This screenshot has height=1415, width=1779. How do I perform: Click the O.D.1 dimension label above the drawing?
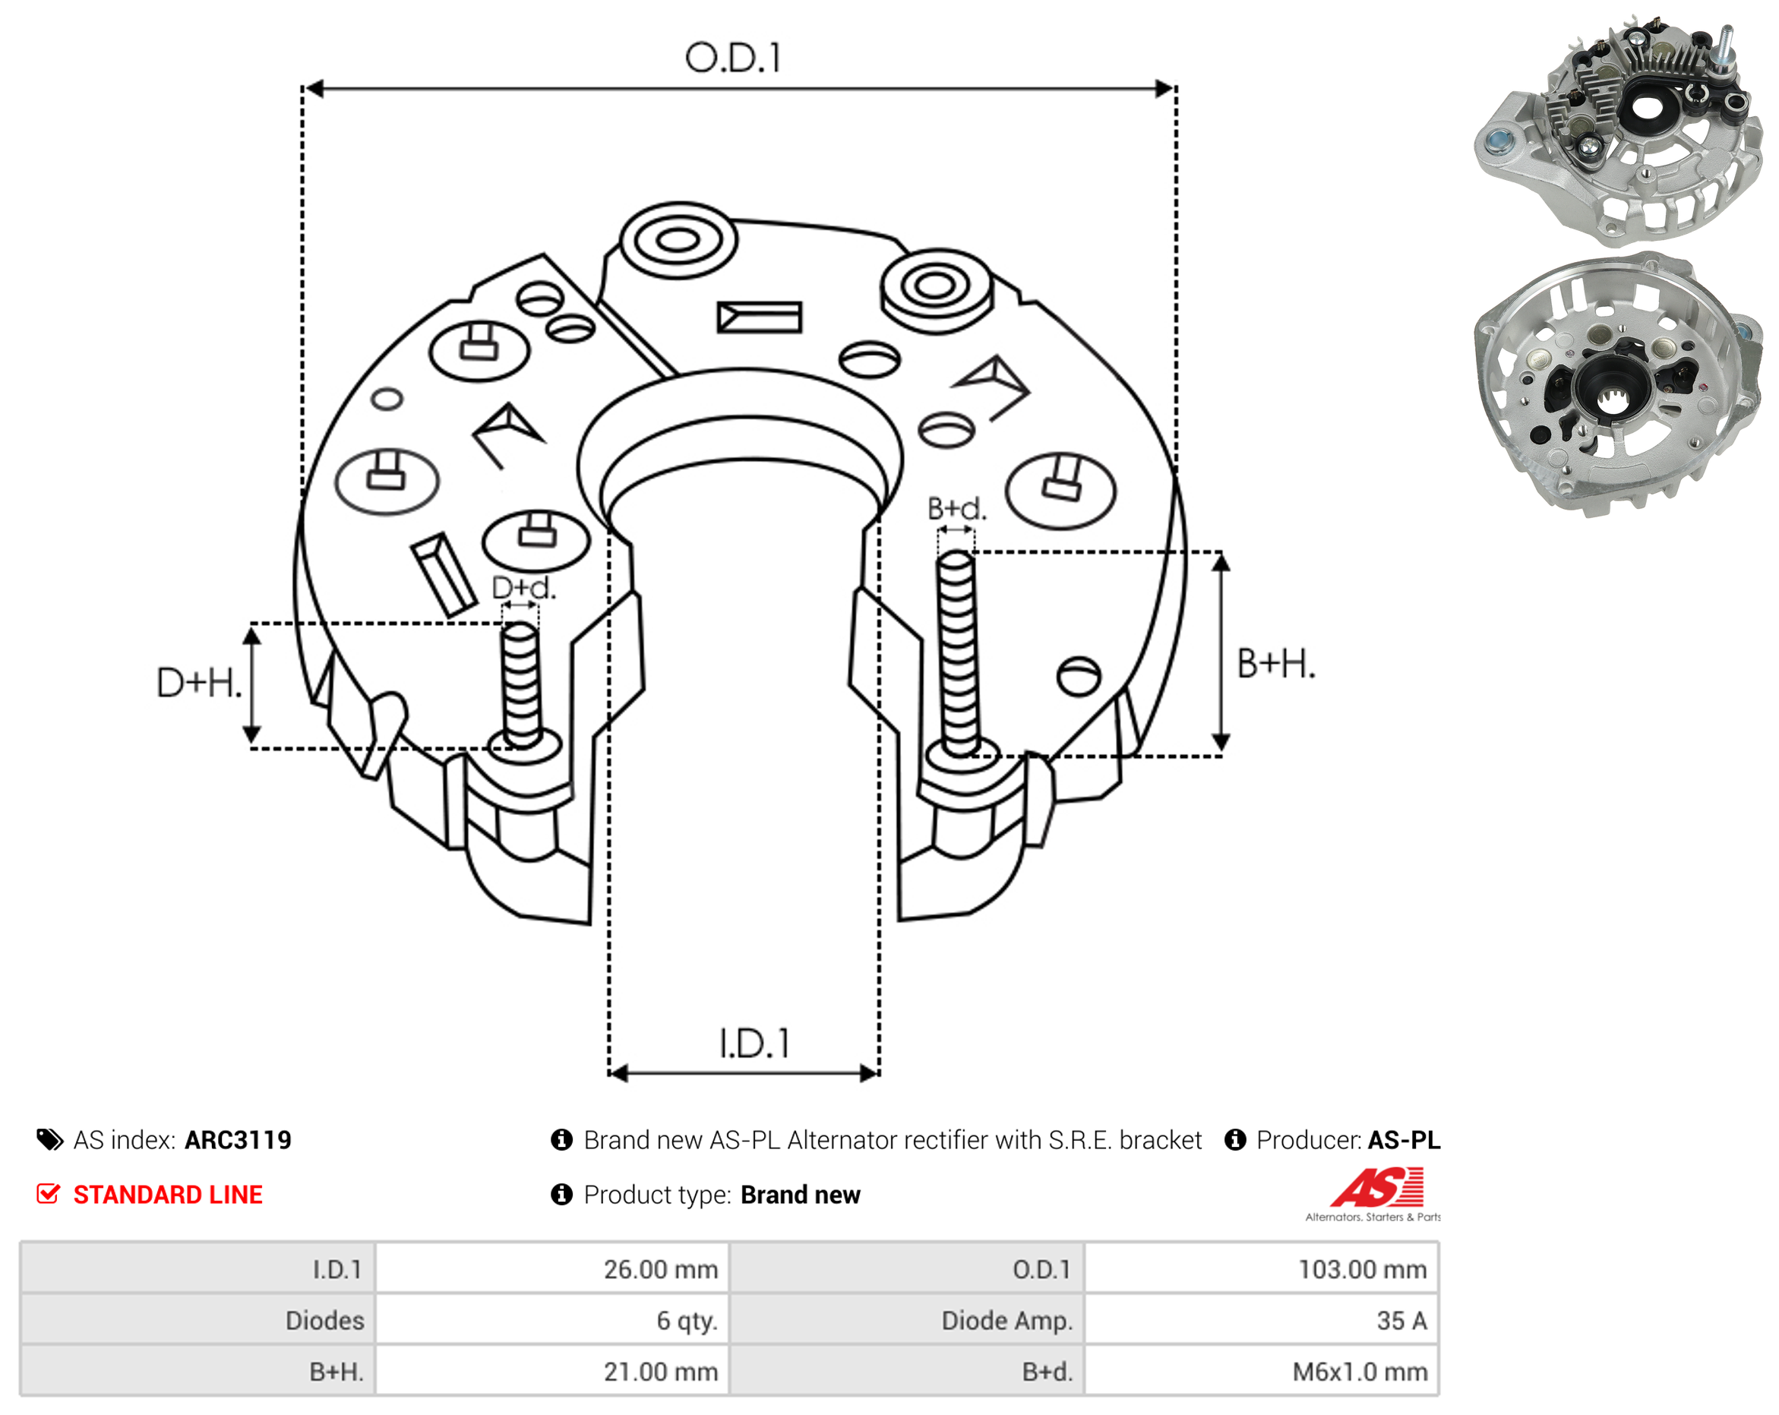(733, 58)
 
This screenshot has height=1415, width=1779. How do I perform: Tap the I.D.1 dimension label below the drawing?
(754, 1044)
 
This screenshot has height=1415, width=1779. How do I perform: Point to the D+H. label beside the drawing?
(200, 683)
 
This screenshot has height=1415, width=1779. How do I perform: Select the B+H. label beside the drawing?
(1275, 664)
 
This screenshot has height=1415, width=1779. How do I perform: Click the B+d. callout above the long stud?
(957, 508)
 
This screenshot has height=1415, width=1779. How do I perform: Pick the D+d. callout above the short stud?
(524, 587)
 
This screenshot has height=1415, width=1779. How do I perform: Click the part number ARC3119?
(238, 1140)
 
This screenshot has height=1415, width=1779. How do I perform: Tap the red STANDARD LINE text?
(168, 1195)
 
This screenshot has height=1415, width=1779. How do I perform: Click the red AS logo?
(1376, 1188)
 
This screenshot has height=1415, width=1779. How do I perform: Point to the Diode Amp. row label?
(1006, 1320)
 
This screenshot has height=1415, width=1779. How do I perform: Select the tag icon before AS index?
(49, 1140)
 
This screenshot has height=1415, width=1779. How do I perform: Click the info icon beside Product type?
(561, 1195)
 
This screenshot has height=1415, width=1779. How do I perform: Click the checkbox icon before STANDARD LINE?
(48, 1194)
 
